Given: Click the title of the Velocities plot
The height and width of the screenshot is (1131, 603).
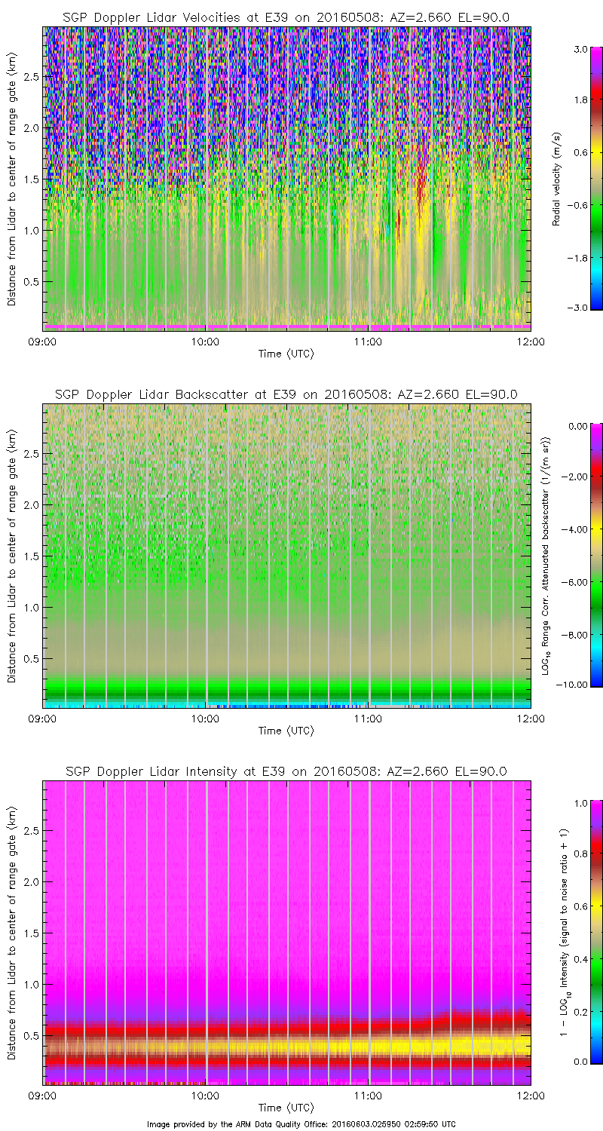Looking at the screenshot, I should pos(286,17).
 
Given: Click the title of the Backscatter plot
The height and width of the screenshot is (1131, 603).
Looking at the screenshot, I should pos(286,394).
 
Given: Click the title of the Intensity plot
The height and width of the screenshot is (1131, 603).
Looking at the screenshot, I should pos(286,771).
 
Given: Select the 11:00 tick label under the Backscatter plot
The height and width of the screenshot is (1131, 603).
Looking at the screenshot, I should pos(368,719).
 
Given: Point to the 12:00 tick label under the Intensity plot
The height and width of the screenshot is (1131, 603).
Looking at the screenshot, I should pos(530,1096).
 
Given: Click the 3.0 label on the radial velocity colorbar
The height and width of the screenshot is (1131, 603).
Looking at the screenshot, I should pos(580,49).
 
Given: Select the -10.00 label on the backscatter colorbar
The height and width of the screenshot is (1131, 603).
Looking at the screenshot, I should pos(577,684).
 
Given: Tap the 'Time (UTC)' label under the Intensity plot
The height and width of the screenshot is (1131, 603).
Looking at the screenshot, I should pos(286,1107).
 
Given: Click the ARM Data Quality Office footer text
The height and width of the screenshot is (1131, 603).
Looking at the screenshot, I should pos(301,1123).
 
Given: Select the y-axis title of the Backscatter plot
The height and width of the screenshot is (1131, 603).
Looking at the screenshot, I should pos(12,556).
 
